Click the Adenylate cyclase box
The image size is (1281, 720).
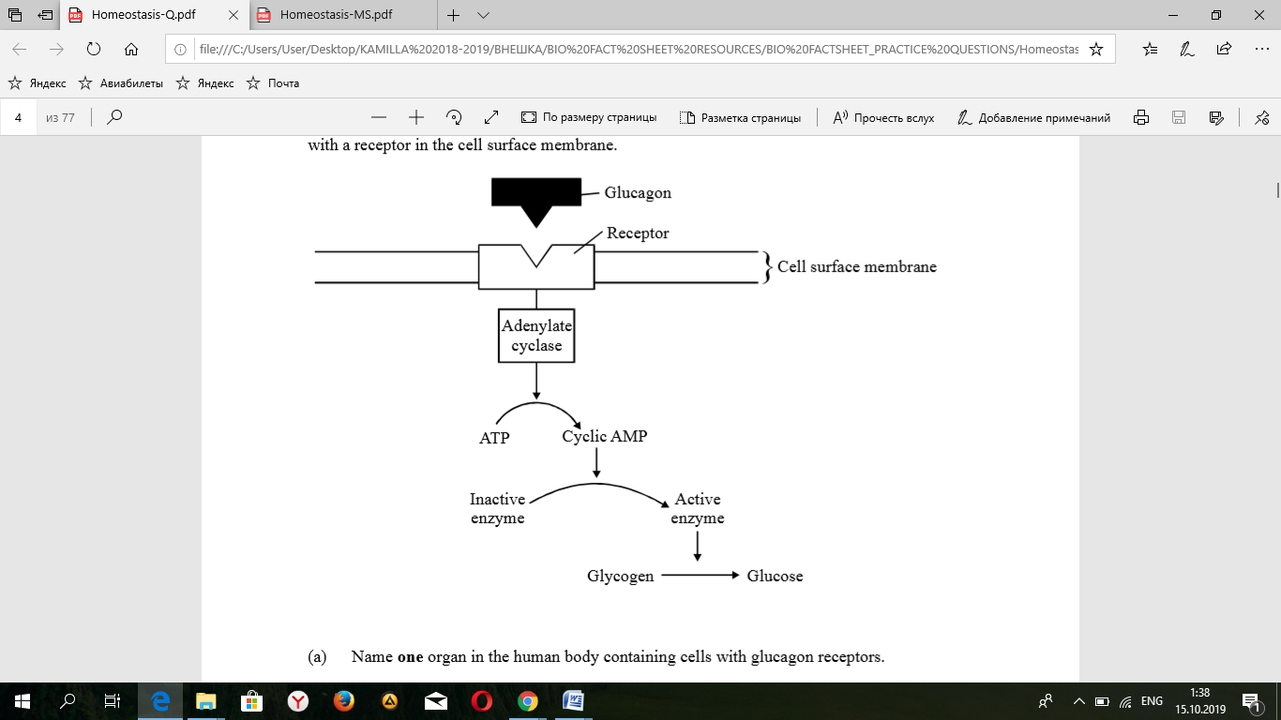[536, 336]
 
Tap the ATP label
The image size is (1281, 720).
[494, 438]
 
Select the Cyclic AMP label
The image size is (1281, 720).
[605, 437]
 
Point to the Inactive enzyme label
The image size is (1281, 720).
[497, 509]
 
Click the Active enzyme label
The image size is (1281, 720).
[698, 509]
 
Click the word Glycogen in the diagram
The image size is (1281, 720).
[620, 577]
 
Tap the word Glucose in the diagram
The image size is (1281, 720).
[775, 577]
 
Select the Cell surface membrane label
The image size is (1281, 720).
[856, 267]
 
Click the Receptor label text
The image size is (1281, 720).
[638, 233]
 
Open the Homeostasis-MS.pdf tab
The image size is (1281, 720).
[337, 15]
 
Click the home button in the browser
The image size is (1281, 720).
[131, 49]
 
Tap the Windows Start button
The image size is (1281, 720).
[22, 700]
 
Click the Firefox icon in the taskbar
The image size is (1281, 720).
[343, 700]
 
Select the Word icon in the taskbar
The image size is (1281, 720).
[573, 700]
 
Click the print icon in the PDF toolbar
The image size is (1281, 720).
[1141, 118]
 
